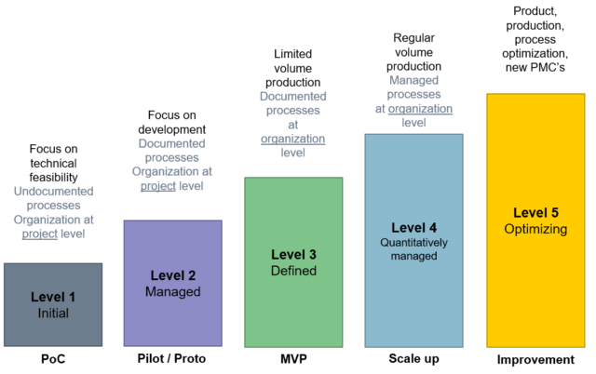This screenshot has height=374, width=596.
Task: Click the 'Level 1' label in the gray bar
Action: [x=53, y=297]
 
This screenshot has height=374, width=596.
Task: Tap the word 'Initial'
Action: [x=53, y=314]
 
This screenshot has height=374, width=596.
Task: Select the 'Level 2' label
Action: [x=172, y=275]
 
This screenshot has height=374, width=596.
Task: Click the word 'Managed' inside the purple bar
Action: [x=172, y=292]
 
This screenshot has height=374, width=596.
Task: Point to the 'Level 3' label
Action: [x=293, y=255]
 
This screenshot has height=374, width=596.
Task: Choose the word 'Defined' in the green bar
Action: [x=293, y=271]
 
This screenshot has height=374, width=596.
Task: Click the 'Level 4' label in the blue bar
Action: [x=413, y=228]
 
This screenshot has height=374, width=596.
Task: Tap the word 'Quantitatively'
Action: [x=413, y=243]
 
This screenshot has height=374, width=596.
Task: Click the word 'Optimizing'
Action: [x=535, y=229]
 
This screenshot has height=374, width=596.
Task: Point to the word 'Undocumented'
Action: [x=53, y=192]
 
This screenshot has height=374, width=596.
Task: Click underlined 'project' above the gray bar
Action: [x=40, y=234]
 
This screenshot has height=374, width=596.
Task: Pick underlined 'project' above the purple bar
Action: [x=158, y=187]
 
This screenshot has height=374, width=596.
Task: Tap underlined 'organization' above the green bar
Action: [x=292, y=139]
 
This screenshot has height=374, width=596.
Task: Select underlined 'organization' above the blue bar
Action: [x=420, y=109]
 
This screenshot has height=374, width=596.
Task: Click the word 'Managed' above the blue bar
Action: [x=413, y=80]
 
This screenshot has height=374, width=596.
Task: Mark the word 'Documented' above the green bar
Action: [x=292, y=96]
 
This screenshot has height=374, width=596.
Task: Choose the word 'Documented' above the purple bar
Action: [x=172, y=143]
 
